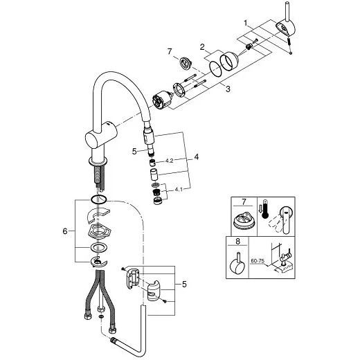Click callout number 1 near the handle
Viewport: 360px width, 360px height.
click(x=246, y=23)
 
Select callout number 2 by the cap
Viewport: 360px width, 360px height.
click(x=202, y=47)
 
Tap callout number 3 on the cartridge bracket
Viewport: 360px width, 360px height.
click(x=228, y=89)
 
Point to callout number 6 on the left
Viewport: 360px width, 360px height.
click(x=65, y=231)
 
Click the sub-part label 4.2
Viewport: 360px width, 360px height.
click(x=169, y=161)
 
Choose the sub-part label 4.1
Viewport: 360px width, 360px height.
click(x=179, y=190)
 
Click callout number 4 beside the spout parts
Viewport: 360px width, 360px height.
click(x=196, y=157)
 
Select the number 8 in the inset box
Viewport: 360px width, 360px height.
click(x=237, y=242)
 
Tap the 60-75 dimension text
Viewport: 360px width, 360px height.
click(x=258, y=261)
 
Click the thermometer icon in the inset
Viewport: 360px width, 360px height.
click(x=265, y=210)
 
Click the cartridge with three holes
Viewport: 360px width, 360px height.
click(x=162, y=99)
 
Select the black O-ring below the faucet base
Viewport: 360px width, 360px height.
click(x=99, y=199)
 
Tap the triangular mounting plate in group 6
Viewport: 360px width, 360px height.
click(x=99, y=232)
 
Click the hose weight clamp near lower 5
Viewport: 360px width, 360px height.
click(x=153, y=291)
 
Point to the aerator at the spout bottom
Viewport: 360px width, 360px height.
click(x=158, y=201)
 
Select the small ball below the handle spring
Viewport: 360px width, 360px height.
click(x=291, y=53)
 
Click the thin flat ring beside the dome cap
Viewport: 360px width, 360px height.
click(x=216, y=69)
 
